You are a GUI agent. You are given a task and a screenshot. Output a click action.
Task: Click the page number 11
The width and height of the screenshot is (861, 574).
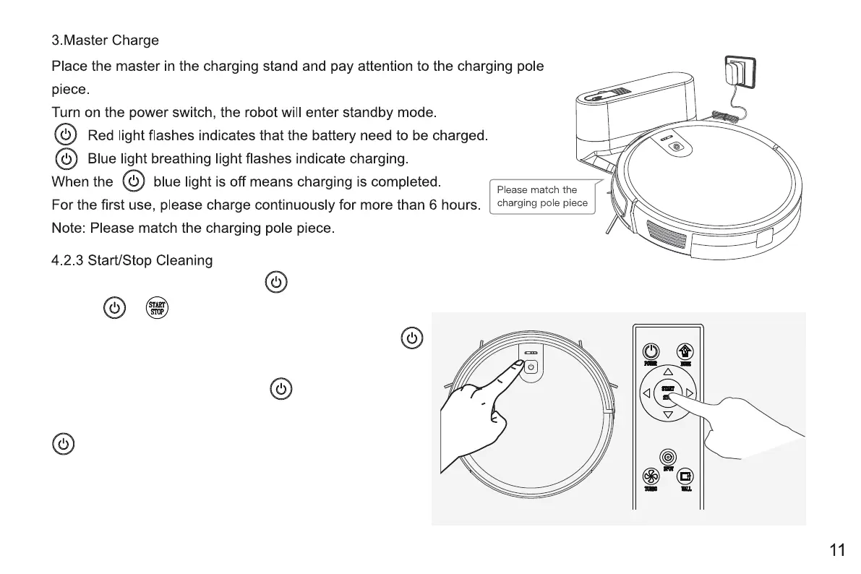[x=837, y=550]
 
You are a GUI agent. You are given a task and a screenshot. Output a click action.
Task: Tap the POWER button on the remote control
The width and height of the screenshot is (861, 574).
[x=651, y=351]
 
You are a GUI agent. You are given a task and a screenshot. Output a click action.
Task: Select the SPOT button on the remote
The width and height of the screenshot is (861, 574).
[x=668, y=457]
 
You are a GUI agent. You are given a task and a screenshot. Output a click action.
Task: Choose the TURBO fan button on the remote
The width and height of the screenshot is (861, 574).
[x=651, y=476]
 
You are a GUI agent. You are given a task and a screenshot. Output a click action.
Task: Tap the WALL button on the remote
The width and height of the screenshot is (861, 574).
[x=685, y=476]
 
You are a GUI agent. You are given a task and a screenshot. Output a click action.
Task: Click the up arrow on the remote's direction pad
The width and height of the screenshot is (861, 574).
[x=668, y=372]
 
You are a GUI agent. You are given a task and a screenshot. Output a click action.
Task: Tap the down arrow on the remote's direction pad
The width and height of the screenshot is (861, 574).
[x=668, y=415]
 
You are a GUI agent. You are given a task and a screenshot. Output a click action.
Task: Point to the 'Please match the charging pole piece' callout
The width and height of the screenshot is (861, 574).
[x=542, y=196]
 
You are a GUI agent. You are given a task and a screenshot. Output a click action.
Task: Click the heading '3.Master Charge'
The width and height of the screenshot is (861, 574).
[x=105, y=40]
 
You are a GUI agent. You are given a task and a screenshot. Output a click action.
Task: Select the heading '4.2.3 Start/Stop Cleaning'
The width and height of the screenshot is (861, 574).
[x=132, y=260]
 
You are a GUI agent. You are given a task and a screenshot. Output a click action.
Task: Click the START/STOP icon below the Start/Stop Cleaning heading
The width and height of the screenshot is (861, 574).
[x=157, y=308]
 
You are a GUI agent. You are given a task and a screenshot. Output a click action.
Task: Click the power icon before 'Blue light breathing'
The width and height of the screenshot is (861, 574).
[x=66, y=158]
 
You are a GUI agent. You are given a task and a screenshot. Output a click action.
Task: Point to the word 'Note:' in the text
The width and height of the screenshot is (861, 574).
[x=69, y=228]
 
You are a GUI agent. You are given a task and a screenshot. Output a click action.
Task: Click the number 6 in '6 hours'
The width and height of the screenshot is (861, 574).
[x=432, y=205]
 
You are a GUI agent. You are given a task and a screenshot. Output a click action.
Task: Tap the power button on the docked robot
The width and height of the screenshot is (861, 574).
[x=677, y=147]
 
